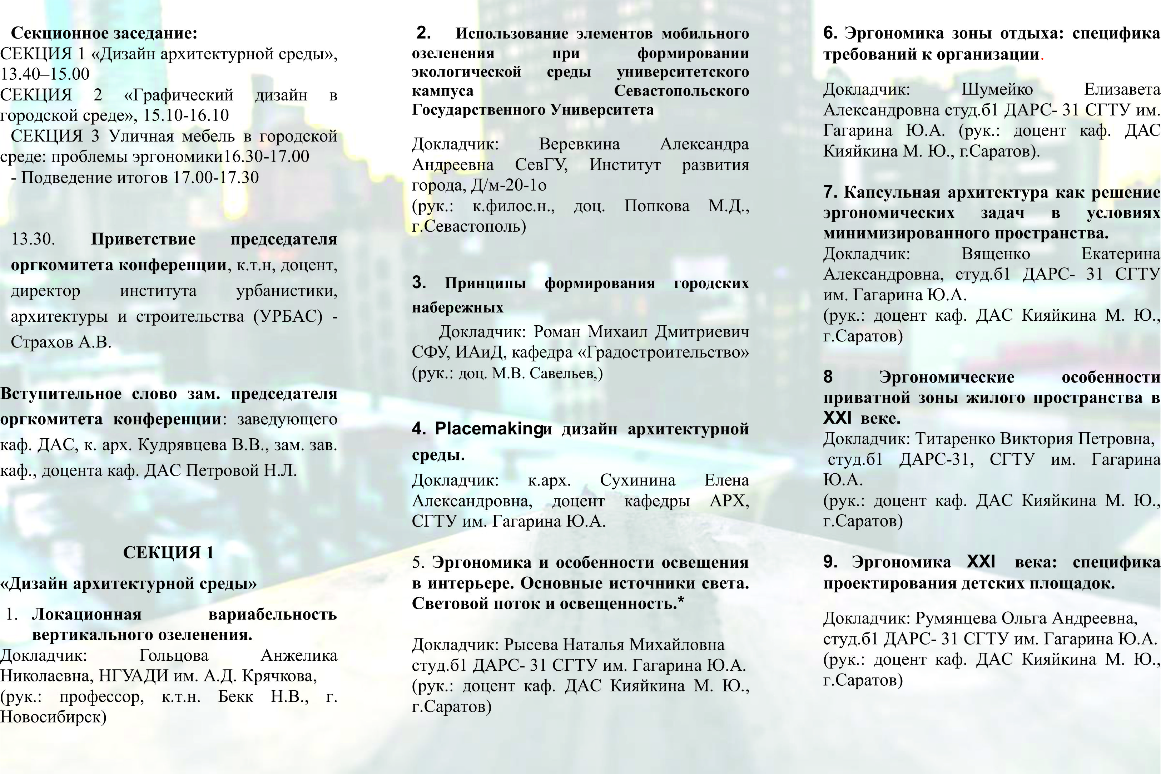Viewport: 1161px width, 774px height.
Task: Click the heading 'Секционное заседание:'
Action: (104, 34)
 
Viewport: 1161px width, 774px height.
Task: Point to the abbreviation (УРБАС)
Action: (288, 316)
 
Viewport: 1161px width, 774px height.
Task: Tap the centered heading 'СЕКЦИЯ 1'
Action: (168, 552)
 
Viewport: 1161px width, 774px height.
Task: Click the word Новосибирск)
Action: (53, 717)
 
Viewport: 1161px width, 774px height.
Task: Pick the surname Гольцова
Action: (174, 656)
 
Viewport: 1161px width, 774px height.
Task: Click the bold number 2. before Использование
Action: (423, 33)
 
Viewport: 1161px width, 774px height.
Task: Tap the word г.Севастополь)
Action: (469, 226)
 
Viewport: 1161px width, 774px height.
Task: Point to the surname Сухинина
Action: (637, 480)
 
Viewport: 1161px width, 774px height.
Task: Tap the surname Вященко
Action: (996, 254)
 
